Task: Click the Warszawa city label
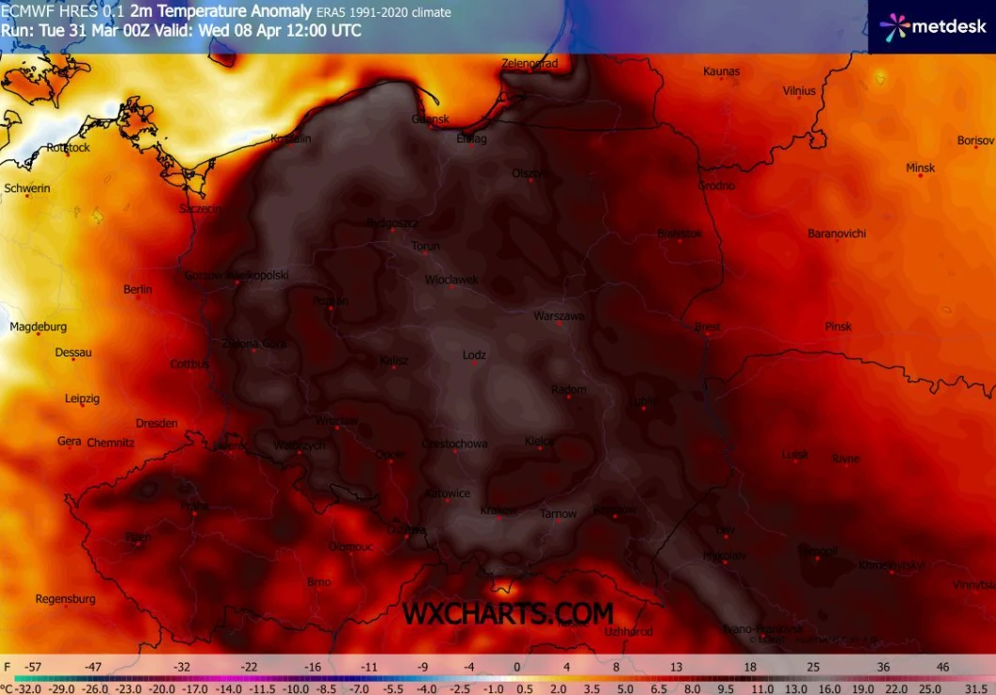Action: coord(559,316)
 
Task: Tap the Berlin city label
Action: coord(137,290)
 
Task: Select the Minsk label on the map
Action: coord(920,168)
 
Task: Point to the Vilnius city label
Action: coord(799,91)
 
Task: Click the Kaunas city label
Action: coord(721,71)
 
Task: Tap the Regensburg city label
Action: coord(66,598)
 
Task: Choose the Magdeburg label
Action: coord(38,326)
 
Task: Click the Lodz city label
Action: coord(475,355)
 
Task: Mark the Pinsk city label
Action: coord(838,326)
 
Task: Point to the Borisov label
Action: coord(975,141)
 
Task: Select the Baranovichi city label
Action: coord(836,234)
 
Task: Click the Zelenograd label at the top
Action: coord(529,64)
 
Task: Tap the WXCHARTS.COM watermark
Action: coord(508,613)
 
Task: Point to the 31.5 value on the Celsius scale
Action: coord(973,687)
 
